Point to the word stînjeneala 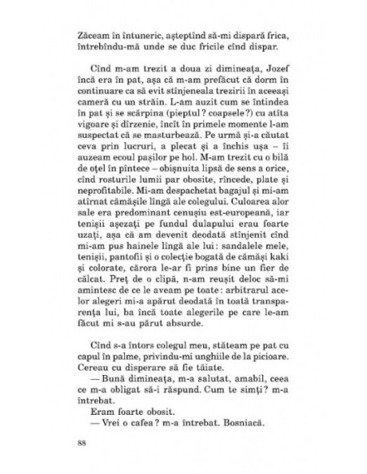tap(196, 110)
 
